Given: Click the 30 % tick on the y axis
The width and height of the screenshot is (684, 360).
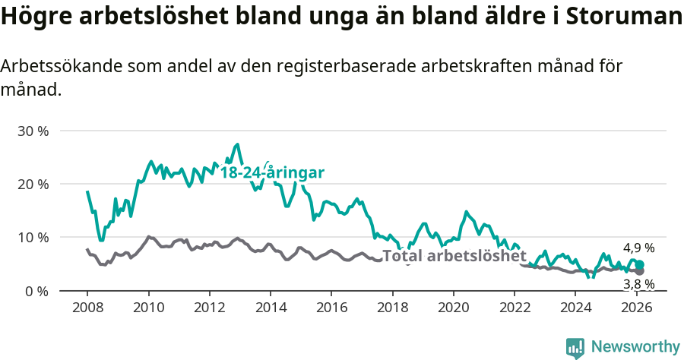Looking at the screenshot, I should tap(33, 131).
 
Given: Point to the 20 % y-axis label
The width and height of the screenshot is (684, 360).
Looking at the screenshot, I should tap(33, 184).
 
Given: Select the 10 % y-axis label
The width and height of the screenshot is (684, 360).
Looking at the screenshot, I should tap(33, 237).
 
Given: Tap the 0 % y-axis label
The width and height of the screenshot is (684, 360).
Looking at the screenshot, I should tap(36, 290).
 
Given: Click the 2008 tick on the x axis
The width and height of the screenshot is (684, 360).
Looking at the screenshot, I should tap(87, 308).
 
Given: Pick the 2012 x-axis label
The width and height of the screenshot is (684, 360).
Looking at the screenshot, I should tap(209, 308).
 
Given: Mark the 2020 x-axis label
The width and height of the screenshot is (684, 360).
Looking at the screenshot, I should tap(453, 308).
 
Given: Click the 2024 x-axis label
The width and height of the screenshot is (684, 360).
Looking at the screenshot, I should tap(575, 308).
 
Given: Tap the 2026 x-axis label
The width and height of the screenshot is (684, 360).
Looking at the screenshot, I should tap(636, 308).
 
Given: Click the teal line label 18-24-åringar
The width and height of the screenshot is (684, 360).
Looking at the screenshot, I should tap(272, 172).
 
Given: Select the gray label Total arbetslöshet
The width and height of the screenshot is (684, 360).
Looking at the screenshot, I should tap(454, 256).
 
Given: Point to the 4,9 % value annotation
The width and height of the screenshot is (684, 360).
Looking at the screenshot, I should tap(638, 248).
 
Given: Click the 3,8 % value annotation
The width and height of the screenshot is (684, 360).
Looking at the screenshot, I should tap(638, 284).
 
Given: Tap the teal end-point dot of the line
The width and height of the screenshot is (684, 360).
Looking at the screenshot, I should tap(639, 264).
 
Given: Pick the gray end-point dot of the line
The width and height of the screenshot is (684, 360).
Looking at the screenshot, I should tap(639, 270).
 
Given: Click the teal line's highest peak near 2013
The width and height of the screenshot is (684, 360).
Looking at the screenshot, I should tap(238, 144).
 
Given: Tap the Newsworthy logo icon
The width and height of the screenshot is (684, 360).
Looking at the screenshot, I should tap(575, 347).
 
